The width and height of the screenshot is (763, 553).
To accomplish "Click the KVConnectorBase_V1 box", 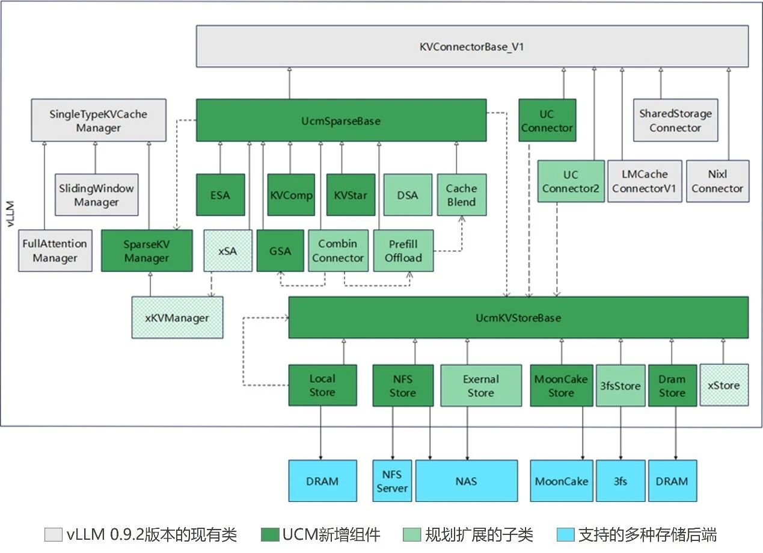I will pyautogui.click(x=472, y=46).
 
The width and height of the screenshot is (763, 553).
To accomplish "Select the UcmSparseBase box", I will pyautogui.click(x=341, y=120).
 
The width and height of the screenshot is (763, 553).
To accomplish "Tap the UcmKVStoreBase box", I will pyautogui.click(x=518, y=317).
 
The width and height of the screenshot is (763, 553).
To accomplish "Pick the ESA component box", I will pyautogui.click(x=221, y=195).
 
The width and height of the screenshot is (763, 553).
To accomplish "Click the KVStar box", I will pyautogui.click(x=351, y=195).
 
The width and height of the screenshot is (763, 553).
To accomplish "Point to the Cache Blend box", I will pyautogui.click(x=461, y=195).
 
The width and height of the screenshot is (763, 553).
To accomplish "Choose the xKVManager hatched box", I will pyautogui.click(x=177, y=317).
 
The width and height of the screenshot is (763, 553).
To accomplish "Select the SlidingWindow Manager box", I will pyautogui.click(x=96, y=195).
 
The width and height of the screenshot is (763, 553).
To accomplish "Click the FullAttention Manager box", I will pyautogui.click(x=55, y=250).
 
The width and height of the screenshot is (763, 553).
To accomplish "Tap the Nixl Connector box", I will pyautogui.click(x=717, y=181).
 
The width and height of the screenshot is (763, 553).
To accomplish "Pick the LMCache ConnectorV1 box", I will pyautogui.click(x=645, y=181).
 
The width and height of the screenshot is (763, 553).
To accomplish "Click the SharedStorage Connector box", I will pyautogui.click(x=675, y=120).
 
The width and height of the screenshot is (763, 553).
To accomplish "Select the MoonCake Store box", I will pyautogui.click(x=561, y=386).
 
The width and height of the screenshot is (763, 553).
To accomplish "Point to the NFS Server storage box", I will pyautogui.click(x=392, y=481).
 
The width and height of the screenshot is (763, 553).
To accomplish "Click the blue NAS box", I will pyautogui.click(x=467, y=481).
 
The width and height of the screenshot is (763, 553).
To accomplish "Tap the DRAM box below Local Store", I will pyautogui.click(x=322, y=481).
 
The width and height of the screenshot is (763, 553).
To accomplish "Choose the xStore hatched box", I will pyautogui.click(x=724, y=385).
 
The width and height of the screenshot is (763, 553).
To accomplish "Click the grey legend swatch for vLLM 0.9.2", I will pyautogui.click(x=53, y=534).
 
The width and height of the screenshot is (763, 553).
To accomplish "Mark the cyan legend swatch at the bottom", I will pyautogui.click(x=566, y=534).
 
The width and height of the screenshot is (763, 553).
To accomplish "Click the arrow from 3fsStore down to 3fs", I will pyautogui.click(x=621, y=433).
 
